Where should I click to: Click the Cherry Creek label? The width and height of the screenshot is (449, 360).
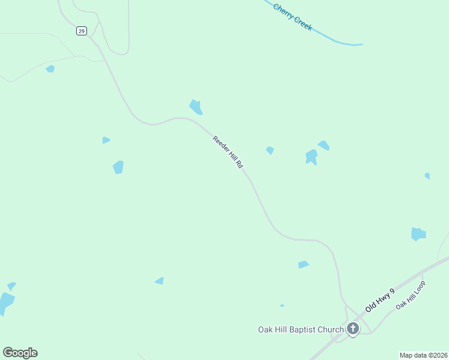point(292,17)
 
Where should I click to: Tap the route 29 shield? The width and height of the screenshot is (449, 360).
point(82,31)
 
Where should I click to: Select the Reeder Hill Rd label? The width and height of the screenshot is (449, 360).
point(228,152)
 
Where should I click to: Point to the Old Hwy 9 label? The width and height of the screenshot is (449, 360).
point(380,300)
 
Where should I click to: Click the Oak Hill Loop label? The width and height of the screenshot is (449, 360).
point(411,296)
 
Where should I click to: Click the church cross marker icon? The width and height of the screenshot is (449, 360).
point(352,328)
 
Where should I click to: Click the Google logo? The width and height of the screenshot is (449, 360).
point(20,353)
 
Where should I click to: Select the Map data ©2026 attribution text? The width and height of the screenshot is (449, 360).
point(423,355)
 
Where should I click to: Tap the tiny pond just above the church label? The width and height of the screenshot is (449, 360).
point(282,305)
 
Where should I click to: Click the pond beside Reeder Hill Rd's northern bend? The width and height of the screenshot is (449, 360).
point(196,107)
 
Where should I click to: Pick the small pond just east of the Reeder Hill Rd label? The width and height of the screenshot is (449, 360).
point(270,150)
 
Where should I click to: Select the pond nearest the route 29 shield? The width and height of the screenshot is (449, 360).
point(50,69)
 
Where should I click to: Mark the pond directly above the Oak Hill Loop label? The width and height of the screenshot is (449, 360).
point(418,233)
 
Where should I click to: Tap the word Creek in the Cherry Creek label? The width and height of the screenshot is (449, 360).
point(302,23)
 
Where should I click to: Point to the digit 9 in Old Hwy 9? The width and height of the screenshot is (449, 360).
point(392,292)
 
